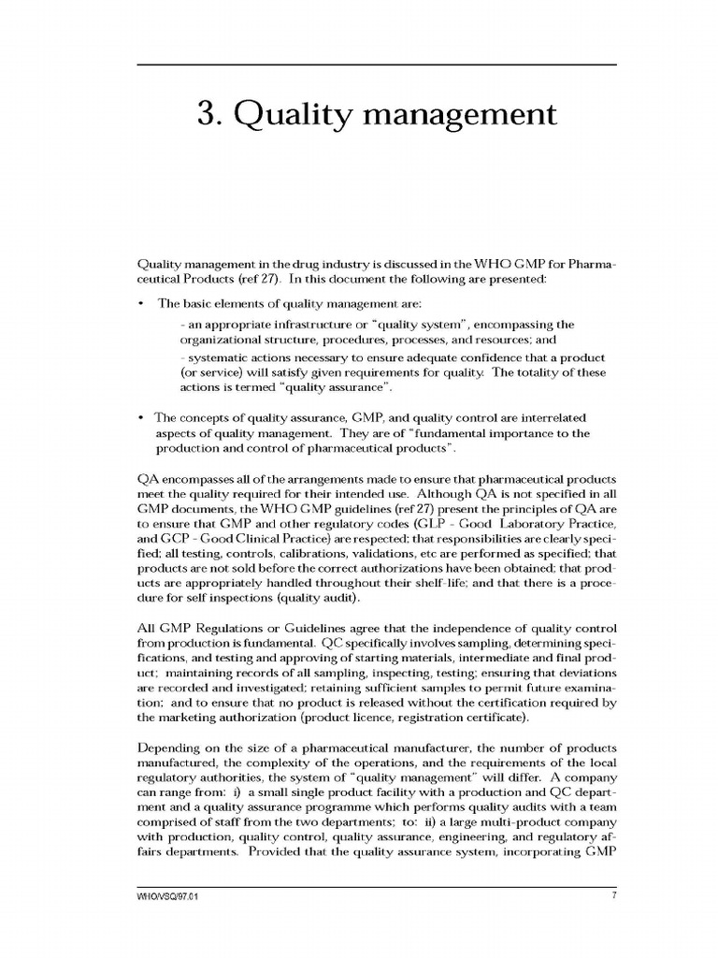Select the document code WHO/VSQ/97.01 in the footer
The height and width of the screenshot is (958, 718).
169,896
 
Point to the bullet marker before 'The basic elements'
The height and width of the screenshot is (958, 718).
141,304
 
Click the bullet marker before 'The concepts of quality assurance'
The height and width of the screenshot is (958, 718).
141,417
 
